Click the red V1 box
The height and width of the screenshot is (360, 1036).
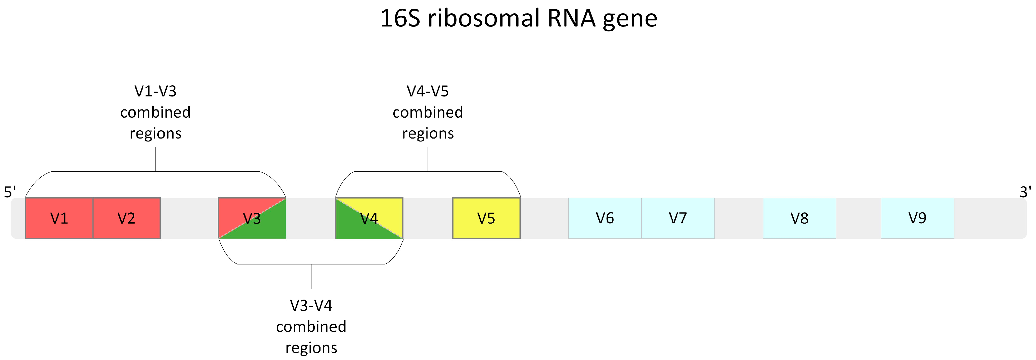click(x=59, y=218)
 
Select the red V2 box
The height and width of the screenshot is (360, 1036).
click(x=127, y=218)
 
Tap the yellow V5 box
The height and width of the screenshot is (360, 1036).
click(x=486, y=218)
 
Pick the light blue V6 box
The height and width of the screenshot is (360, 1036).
click(x=604, y=218)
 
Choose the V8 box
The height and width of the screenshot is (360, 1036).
click(x=799, y=218)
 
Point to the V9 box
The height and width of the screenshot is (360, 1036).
click(x=917, y=218)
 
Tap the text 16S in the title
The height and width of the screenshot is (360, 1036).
click(x=400, y=19)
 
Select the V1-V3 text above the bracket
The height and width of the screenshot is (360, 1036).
click(x=155, y=91)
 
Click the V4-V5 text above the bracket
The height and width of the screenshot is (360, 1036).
click(x=428, y=91)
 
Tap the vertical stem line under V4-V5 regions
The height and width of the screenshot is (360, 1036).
click(x=428, y=159)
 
